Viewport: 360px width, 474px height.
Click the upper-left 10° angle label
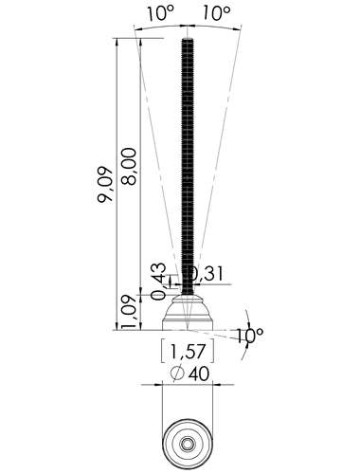[160, 13]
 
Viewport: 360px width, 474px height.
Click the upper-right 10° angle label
[216, 13]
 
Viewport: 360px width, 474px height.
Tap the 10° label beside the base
[249, 336]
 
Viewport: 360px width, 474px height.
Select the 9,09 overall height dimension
[105, 184]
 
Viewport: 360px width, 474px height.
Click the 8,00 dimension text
[129, 166]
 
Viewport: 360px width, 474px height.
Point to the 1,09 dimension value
[129, 312]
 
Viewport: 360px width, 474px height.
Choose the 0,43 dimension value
[158, 281]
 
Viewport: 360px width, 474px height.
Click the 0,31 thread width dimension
[207, 274]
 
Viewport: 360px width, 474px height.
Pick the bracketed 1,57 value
[188, 351]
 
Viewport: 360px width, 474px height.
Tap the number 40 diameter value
[198, 374]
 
